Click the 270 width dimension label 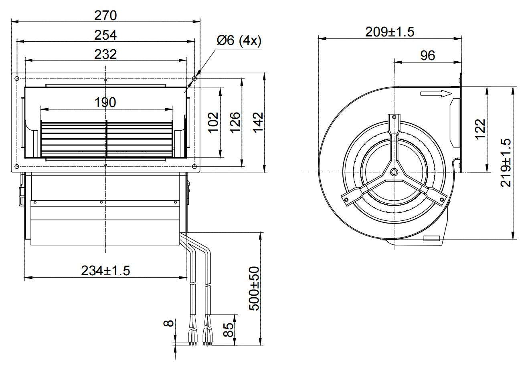tap(105, 16)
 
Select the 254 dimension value tap(105, 35)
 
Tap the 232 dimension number tap(105, 54)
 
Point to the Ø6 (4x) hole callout tap(239, 40)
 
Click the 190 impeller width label tap(105, 103)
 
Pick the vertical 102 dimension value tap(213, 123)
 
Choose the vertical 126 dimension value tap(235, 123)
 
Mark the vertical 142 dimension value tap(258, 123)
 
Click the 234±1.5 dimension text tap(105, 271)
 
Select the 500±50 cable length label tap(254, 288)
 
